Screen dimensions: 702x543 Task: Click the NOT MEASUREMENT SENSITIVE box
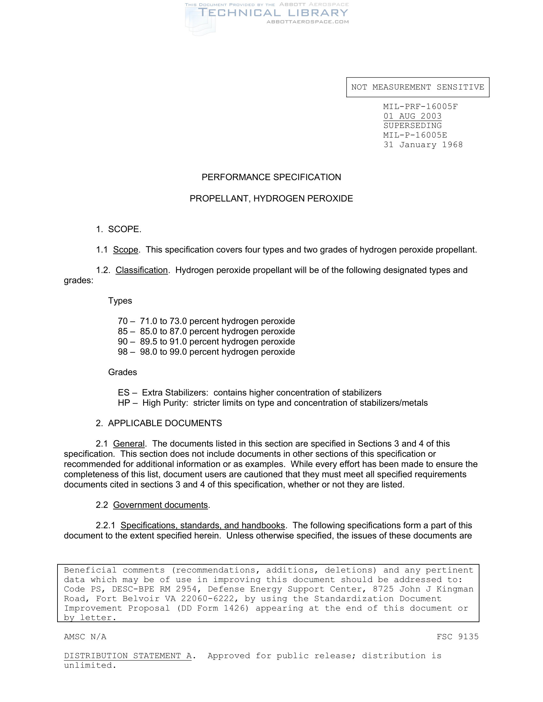tap(417, 87)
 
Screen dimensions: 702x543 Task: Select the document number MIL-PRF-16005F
tap(420, 107)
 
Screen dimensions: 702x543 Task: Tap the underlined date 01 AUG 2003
tap(412, 116)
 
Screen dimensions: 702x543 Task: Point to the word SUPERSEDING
tap(412, 126)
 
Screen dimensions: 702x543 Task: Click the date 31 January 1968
tap(423, 145)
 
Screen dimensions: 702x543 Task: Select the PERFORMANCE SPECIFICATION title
tap(271, 177)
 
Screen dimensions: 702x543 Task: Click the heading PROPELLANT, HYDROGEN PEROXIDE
tap(271, 199)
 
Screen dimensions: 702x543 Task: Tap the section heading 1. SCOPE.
tap(119, 229)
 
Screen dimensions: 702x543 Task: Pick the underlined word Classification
tap(141, 270)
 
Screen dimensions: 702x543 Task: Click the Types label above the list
tap(120, 301)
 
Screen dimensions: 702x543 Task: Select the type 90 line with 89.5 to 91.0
tap(206, 341)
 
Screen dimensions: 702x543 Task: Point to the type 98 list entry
tap(206, 352)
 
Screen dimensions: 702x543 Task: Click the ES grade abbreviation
tap(124, 392)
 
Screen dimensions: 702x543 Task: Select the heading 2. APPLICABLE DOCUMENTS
tap(159, 423)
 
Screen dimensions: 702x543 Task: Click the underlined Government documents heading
tap(160, 505)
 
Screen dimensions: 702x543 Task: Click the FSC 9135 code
tap(457, 637)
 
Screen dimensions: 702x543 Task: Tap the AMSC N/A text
tap(85, 637)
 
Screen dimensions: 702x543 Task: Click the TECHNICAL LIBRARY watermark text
tap(273, 13)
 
